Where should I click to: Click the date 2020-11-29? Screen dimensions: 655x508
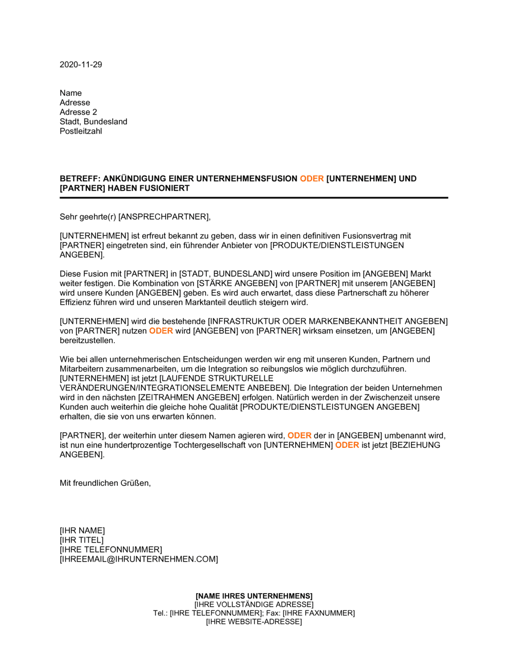tap(81, 64)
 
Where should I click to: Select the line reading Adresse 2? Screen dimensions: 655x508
tap(78, 112)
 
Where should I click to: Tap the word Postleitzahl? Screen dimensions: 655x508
tap(81, 131)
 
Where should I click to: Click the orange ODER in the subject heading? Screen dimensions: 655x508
tap(312, 179)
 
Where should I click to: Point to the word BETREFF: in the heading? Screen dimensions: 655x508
tap(80, 179)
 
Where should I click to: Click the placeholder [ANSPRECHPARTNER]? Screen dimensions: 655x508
tap(164, 217)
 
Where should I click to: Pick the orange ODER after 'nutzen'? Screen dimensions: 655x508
tap(161, 331)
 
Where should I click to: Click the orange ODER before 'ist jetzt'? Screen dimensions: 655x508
tap(347, 445)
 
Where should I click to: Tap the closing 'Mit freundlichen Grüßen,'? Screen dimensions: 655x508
tap(105, 483)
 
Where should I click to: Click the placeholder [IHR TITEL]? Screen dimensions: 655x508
tap(82, 540)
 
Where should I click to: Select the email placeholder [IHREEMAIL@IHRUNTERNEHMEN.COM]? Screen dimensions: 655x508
tap(139, 560)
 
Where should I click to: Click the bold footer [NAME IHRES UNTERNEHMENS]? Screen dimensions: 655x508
tap(254, 596)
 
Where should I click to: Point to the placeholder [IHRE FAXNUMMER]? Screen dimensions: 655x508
tap(319, 613)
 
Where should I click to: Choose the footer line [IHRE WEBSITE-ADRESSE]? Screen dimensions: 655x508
tap(254, 622)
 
